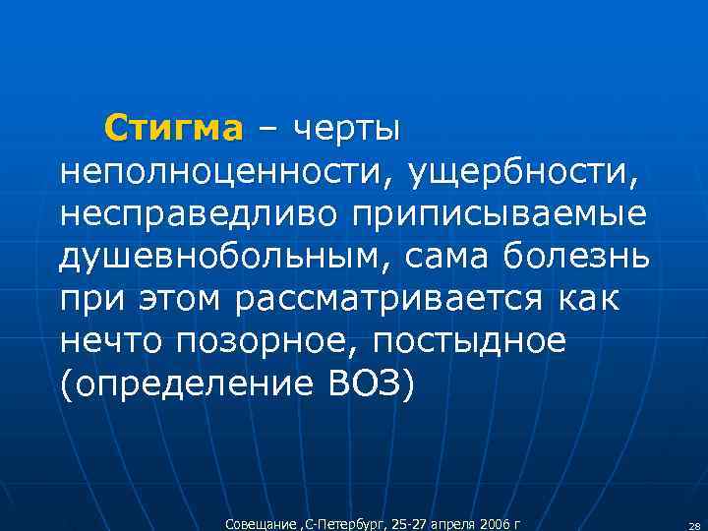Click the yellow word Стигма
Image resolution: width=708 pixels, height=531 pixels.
click(173, 129)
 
